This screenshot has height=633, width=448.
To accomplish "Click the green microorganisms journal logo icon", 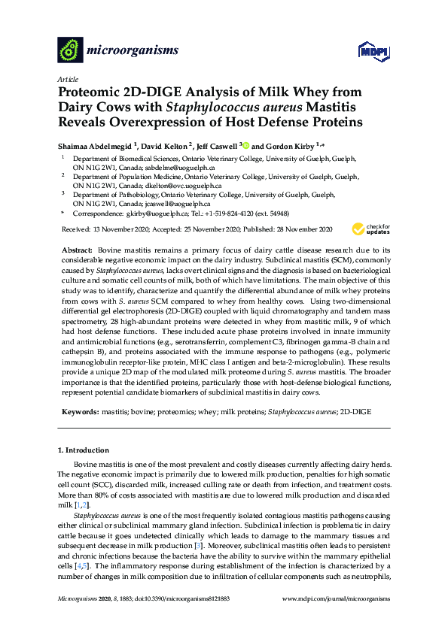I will coord(71,50).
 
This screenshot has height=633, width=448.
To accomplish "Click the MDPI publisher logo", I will coord(366,50).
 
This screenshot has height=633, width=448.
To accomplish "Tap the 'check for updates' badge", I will coord(371,229).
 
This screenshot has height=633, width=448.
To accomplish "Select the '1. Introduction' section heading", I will coord(84,450).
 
